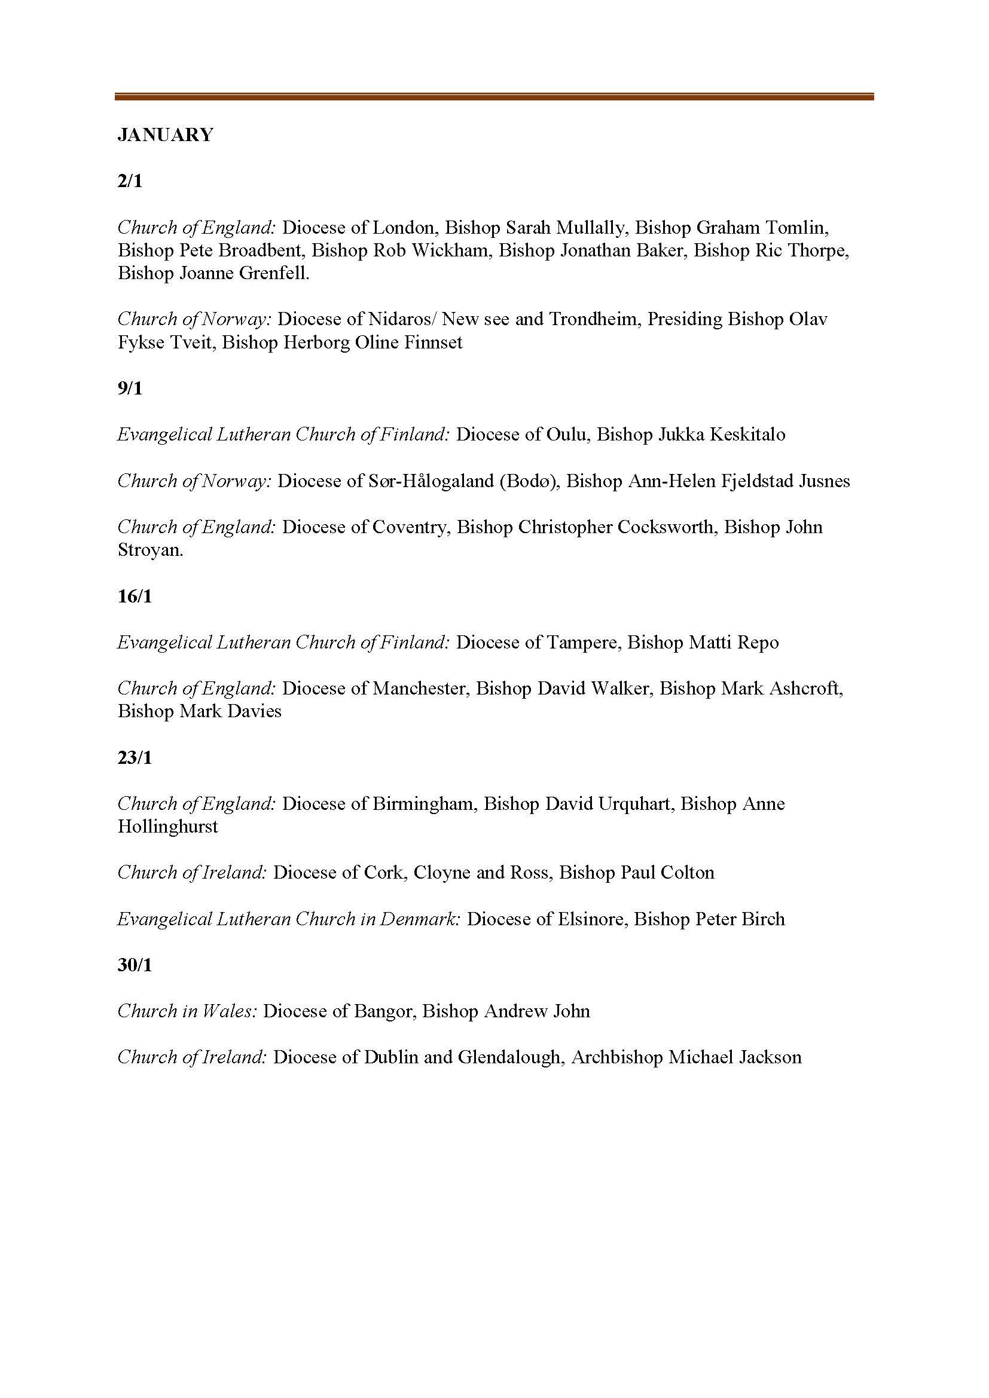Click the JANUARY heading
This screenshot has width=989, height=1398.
click(x=165, y=134)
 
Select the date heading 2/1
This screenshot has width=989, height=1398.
click(x=130, y=181)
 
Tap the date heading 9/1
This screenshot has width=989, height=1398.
click(x=130, y=388)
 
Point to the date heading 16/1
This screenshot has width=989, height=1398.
click(x=135, y=596)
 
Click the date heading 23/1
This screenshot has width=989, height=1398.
click(x=135, y=757)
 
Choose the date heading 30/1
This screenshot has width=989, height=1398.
click(x=135, y=965)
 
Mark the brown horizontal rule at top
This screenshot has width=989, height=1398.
click(x=494, y=96)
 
